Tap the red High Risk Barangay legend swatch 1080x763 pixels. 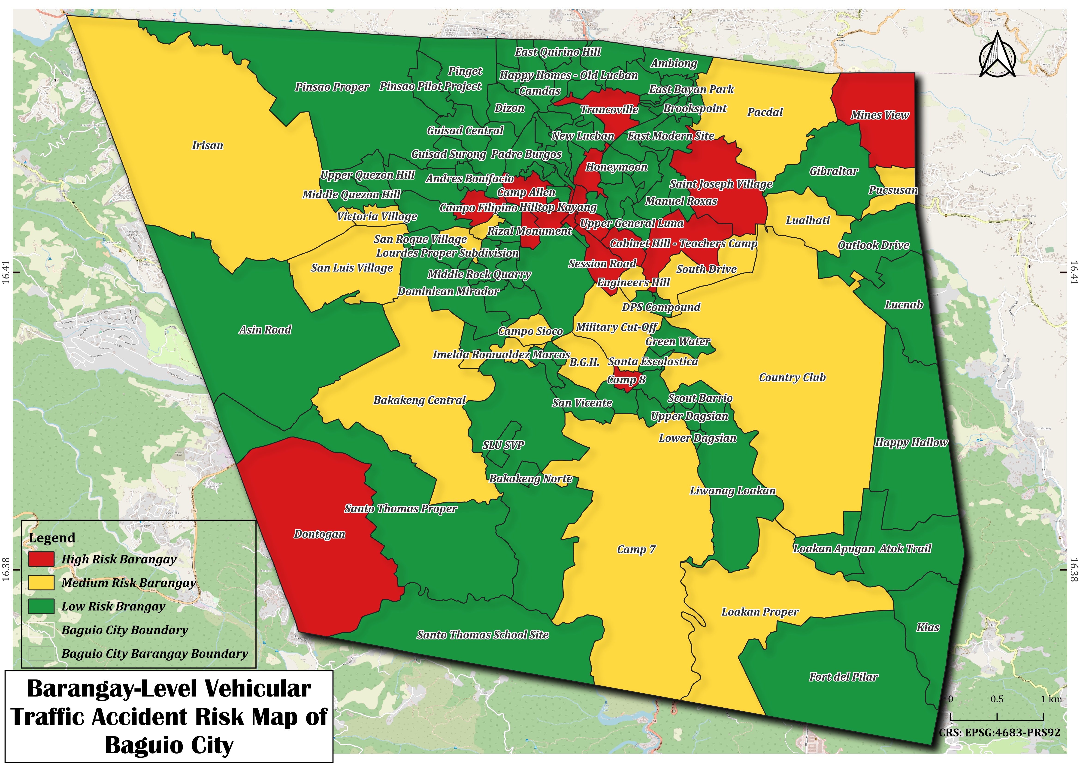tap(41, 559)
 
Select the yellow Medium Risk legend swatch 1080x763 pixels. tap(41, 583)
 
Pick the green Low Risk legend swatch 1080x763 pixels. tap(41, 606)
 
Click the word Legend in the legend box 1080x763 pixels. tap(52, 538)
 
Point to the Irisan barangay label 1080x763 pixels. tap(207, 145)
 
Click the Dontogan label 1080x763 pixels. tap(319, 534)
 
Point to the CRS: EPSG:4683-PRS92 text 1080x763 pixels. tap(1000, 733)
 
